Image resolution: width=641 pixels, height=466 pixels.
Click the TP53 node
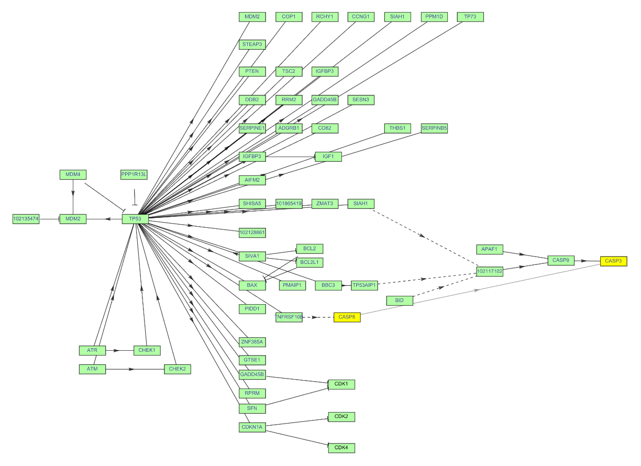tap(135, 219)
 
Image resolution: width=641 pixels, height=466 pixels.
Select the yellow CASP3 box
tap(613, 261)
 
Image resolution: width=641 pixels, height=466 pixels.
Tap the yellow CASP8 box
tap(347, 317)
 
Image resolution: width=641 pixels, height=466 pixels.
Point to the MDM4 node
tap(73, 174)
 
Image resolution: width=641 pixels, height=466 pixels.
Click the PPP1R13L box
tap(134, 174)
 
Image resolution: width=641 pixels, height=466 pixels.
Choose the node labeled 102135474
tap(26, 219)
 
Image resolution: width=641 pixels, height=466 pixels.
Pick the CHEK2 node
tap(177, 369)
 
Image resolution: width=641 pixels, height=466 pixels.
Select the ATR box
tap(92, 350)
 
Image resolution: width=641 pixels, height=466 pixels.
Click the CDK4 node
tap(341, 448)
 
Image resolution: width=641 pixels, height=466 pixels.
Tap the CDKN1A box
tap(252, 427)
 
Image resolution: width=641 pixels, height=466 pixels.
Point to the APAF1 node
tap(490, 249)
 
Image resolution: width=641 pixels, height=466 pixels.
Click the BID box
tap(400, 301)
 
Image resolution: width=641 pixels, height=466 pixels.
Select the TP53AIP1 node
tap(364, 285)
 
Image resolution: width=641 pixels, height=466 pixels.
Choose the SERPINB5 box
tap(435, 128)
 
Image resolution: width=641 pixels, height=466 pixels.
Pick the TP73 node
tap(470, 17)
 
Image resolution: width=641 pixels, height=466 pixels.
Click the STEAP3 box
tap(252, 45)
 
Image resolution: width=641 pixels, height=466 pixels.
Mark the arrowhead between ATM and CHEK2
tap(132, 369)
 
